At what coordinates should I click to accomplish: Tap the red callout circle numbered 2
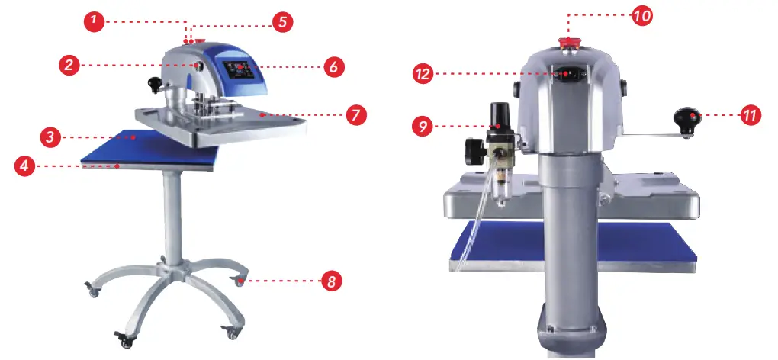(69, 66)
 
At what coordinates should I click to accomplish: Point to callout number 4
(24, 165)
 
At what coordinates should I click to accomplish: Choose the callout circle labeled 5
(281, 21)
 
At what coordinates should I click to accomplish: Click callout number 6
(332, 66)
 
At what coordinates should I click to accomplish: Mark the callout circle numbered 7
(355, 115)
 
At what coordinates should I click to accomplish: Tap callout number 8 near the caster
(331, 281)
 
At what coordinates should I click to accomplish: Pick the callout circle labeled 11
(751, 115)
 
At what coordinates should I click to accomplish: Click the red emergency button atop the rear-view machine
(568, 42)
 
